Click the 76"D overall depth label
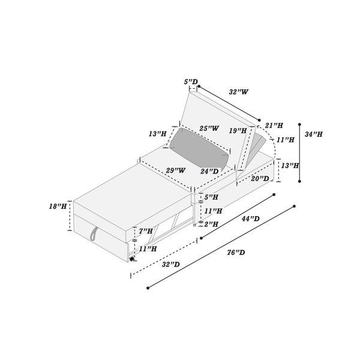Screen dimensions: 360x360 pyautogui.click(x=236, y=253)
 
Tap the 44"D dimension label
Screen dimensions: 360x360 pyautogui.click(x=250, y=218)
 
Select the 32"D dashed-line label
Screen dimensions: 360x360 pyautogui.click(x=171, y=265)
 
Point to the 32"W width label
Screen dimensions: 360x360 pyautogui.click(x=239, y=92)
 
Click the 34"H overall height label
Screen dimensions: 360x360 pyautogui.click(x=314, y=134)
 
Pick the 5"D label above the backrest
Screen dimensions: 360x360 pyautogui.click(x=191, y=82)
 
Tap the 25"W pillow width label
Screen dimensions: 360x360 pyautogui.click(x=209, y=128)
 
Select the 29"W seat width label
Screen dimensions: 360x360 pyautogui.click(x=176, y=170)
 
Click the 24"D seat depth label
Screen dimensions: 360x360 pyautogui.click(x=209, y=171)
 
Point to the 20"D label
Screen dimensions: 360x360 pyautogui.click(x=260, y=179)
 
